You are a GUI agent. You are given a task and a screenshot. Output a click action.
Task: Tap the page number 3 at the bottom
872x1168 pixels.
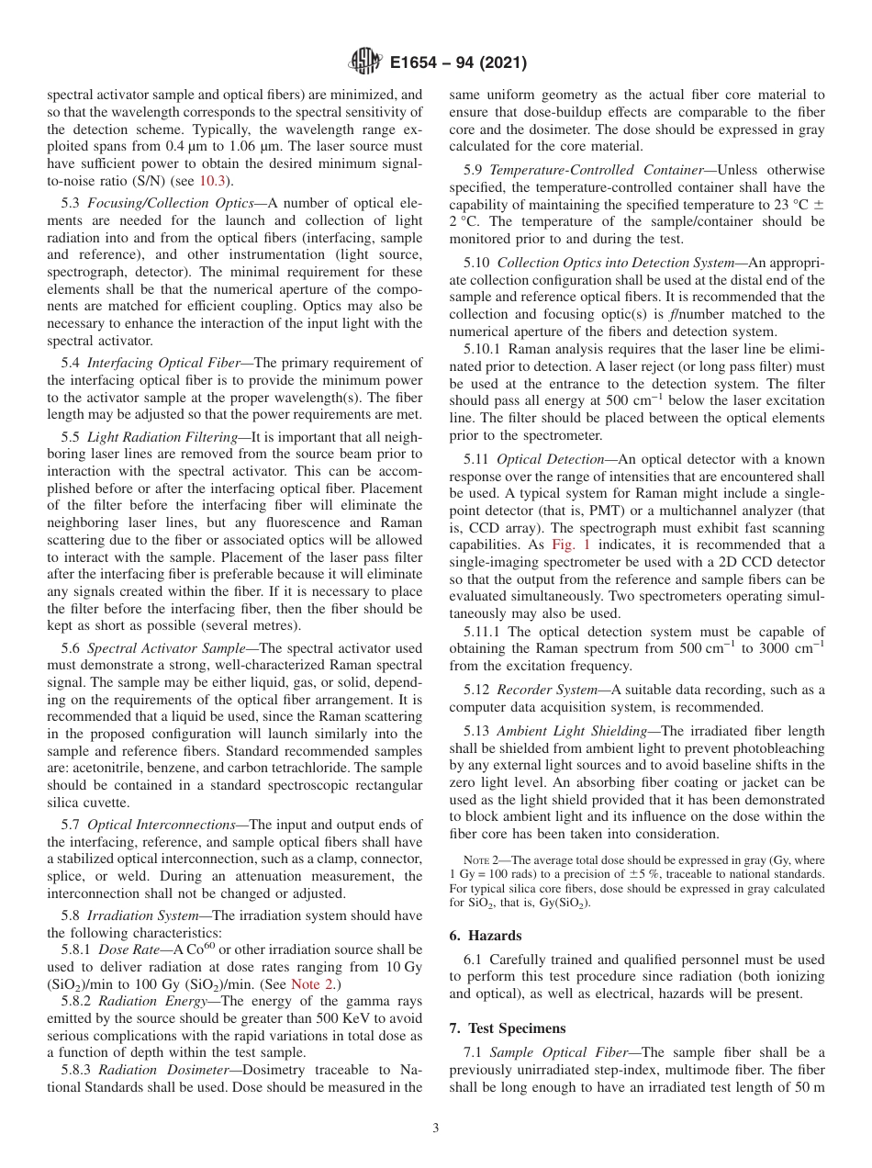click(x=436, y=1129)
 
